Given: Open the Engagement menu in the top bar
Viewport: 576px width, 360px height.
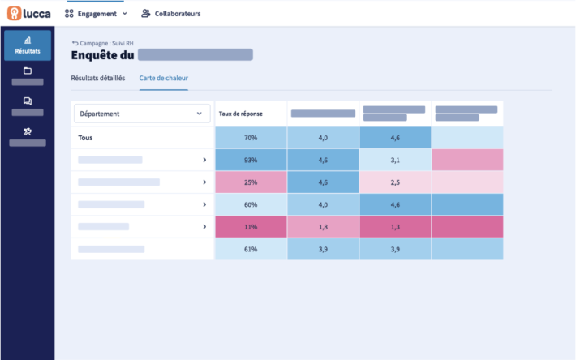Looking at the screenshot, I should point(96,14).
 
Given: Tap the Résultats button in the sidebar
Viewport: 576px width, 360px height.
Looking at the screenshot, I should point(28,45).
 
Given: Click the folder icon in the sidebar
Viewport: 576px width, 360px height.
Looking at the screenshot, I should point(28,71).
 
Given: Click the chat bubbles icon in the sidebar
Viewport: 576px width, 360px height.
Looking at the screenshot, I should point(28,101).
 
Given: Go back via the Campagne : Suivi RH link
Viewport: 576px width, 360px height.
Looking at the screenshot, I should point(101,42).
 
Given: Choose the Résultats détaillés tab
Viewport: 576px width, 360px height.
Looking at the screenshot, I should point(98,79).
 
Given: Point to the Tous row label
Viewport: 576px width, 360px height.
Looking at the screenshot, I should point(85,138).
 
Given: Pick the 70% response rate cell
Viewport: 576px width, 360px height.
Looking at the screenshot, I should point(251,138).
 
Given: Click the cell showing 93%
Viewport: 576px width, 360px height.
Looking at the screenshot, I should point(251,161).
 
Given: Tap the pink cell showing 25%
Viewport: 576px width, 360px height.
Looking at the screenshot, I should point(251,182).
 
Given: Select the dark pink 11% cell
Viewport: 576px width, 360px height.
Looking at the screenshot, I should point(251,227).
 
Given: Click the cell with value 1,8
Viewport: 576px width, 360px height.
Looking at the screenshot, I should point(323,227).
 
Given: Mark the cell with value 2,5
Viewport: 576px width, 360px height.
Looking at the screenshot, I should point(395,182).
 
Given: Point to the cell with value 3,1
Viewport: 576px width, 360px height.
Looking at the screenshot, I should point(395,161).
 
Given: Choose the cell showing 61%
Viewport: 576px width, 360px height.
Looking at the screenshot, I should point(251,249).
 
